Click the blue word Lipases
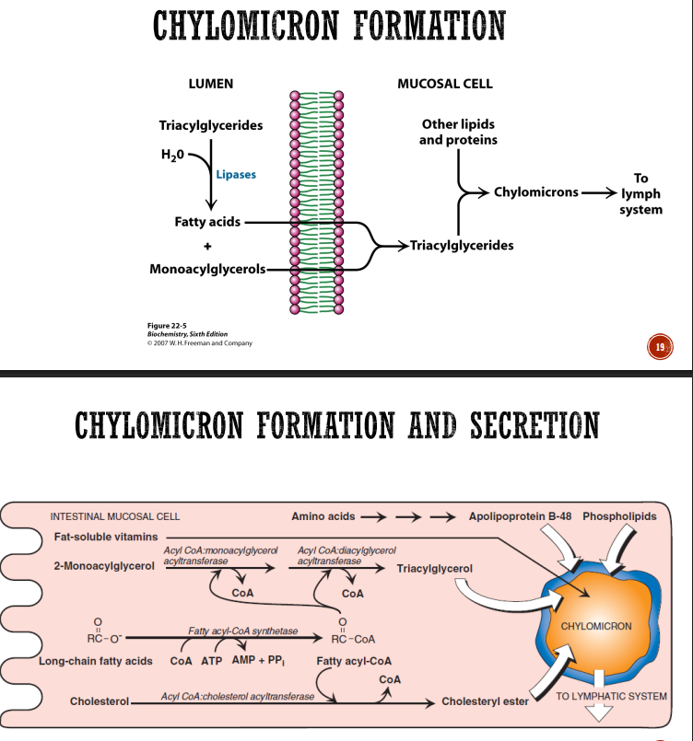(x=236, y=174)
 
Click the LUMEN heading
(x=210, y=84)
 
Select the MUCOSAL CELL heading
(x=445, y=84)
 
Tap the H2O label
(x=172, y=155)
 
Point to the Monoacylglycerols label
(x=207, y=269)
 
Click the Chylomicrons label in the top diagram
(x=536, y=192)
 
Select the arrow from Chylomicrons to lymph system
(x=599, y=192)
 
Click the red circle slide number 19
(x=660, y=347)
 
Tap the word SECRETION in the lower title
(x=535, y=425)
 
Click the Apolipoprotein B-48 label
(x=520, y=516)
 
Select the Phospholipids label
(x=619, y=516)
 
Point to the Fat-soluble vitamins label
(x=106, y=537)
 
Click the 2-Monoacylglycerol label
(x=104, y=566)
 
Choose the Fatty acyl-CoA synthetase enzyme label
(x=243, y=631)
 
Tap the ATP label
(x=211, y=661)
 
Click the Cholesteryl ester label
(x=485, y=701)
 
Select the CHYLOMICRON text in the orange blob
(x=596, y=626)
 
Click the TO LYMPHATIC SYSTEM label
(x=611, y=696)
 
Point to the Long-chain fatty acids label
(x=96, y=661)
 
